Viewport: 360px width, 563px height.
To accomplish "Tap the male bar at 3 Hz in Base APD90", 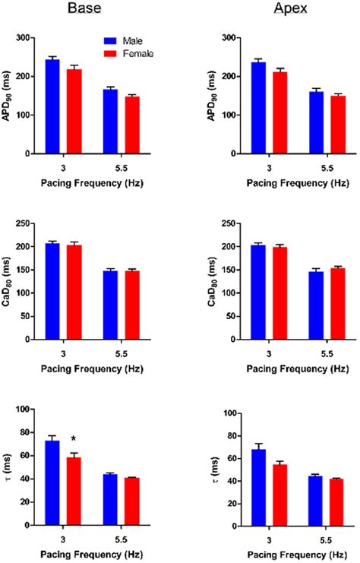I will (x=52, y=106).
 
